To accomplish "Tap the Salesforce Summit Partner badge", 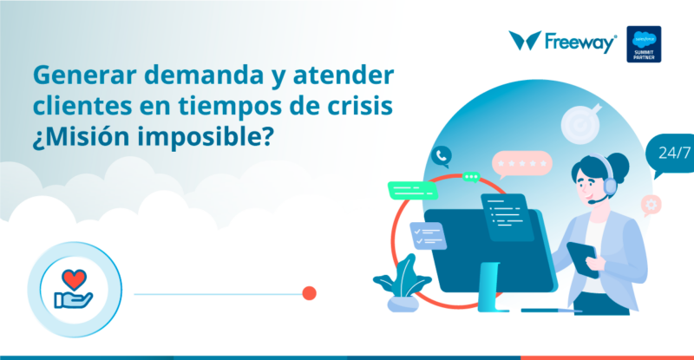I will tap(643, 44).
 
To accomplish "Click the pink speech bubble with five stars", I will tap(521, 163).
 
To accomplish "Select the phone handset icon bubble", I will tap(442, 156).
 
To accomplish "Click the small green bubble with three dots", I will tap(471, 176).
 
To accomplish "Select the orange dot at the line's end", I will tap(310, 293).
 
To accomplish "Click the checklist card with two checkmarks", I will tap(427, 237).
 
